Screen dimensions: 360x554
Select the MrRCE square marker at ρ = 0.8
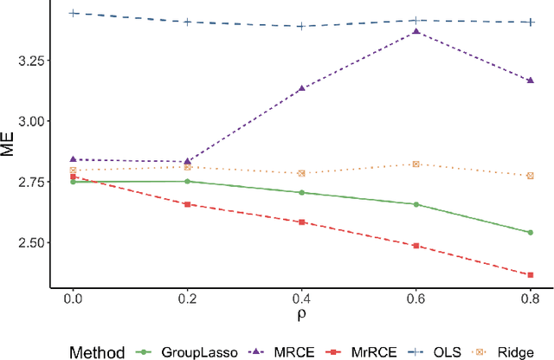[x=531, y=275]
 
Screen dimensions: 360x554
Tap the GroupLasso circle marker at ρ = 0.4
[x=301, y=192]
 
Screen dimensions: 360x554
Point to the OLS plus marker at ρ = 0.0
[x=73, y=13]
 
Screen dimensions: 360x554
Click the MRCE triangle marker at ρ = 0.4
[x=301, y=88]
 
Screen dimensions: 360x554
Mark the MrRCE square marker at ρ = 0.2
[x=187, y=204]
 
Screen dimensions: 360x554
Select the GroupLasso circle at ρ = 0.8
[x=531, y=232]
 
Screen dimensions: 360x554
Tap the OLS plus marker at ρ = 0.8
[x=531, y=22]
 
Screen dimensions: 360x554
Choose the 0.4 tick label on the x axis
[x=301, y=299]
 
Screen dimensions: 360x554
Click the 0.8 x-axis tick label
[x=531, y=299]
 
